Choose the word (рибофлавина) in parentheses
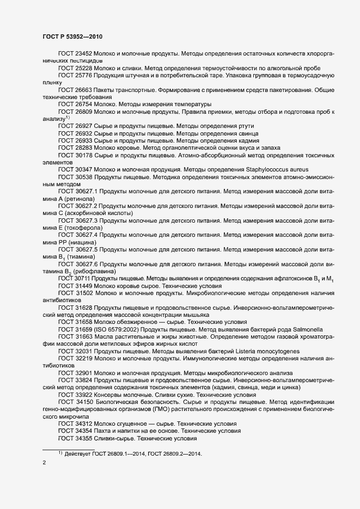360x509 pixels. point(92,271)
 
